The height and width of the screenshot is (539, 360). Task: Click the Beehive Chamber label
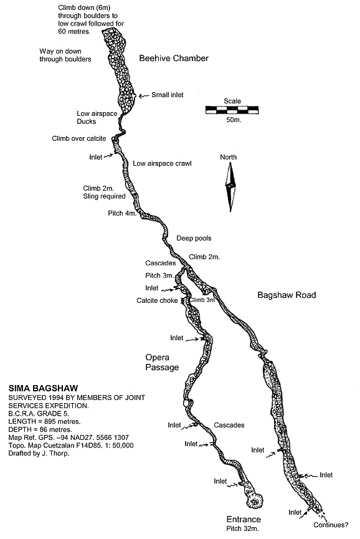point(174,58)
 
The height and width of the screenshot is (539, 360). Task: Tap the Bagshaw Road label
point(287,295)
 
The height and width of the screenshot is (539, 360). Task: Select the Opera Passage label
point(162,362)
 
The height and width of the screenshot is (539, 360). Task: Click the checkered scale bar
point(232,110)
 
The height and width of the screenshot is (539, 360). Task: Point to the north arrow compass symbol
point(230,187)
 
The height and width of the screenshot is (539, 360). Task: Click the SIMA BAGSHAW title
point(43,388)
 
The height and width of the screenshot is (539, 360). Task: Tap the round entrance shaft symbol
point(255,501)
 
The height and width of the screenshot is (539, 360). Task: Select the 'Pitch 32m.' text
point(242,528)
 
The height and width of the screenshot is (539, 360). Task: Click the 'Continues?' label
point(331,525)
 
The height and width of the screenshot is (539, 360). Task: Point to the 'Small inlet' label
point(168,95)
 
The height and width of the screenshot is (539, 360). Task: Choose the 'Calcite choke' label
point(157,300)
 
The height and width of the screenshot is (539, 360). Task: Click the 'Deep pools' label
point(194,238)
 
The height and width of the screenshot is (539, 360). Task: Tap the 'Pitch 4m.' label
point(122,214)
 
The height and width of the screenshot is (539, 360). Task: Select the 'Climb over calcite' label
point(79,138)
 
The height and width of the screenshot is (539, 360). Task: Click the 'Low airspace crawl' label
point(162,164)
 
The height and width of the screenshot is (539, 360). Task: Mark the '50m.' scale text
point(234,120)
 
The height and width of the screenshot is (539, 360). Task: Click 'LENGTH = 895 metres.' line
point(44,421)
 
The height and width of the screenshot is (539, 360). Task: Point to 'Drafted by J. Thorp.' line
point(39,454)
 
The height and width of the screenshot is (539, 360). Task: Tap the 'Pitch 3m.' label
point(159,275)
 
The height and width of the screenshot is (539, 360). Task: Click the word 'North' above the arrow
point(229,157)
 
